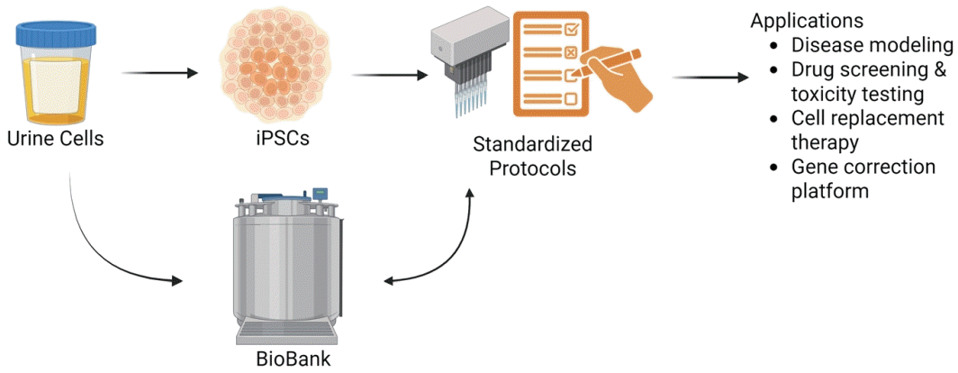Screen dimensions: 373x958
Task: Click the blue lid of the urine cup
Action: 52,37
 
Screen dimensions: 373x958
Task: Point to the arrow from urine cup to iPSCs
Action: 158,73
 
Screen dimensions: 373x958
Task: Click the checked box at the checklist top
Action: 571,29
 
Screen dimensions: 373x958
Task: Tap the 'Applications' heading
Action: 808,21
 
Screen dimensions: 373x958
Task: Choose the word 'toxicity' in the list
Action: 822,94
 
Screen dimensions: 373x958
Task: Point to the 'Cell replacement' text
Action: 867,118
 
